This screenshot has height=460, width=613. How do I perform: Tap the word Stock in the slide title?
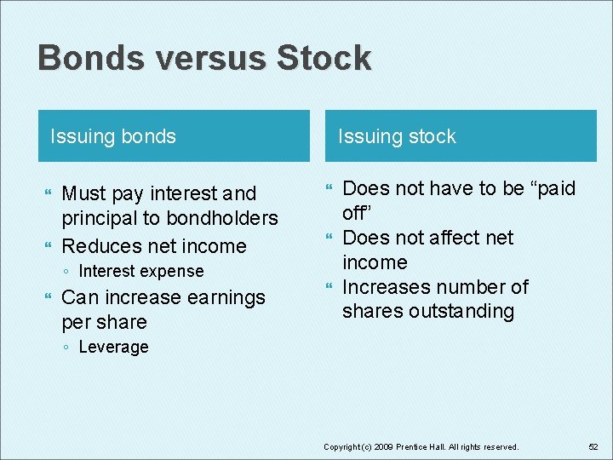[324, 59]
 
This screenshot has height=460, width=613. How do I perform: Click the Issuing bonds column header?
[113, 136]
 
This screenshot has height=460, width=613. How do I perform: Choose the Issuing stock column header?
[397, 136]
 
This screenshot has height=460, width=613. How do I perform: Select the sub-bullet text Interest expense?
[140, 272]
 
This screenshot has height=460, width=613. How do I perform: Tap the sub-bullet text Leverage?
[113, 348]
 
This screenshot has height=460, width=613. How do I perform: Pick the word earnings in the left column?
[222, 297]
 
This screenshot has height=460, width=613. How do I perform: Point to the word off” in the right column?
[358, 213]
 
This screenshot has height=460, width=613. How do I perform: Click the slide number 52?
[593, 446]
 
